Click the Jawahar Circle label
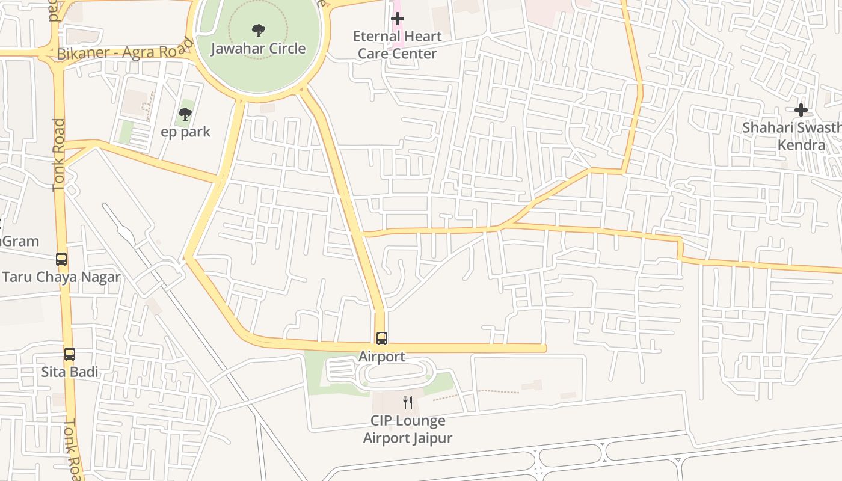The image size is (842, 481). coord(258,48)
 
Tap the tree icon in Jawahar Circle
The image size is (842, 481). coord(258,30)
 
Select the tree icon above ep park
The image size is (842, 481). coord(185,114)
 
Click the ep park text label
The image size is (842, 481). coord(186,132)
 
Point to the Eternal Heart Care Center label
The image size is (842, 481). coord(397,45)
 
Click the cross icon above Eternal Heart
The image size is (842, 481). coord(397,19)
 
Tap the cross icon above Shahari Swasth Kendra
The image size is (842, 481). coord(801,110)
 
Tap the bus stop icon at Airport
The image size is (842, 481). coord(382,338)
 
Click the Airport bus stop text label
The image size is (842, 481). coord(382,357)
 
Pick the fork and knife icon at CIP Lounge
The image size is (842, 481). coord(408,402)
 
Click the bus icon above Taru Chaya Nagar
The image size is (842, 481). coord(61,259)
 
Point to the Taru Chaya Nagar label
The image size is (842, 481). coord(61,277)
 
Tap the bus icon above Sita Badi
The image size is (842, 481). coord(70,354)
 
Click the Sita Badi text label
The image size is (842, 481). coord(70,372)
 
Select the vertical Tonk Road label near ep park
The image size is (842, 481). coord(58,155)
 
